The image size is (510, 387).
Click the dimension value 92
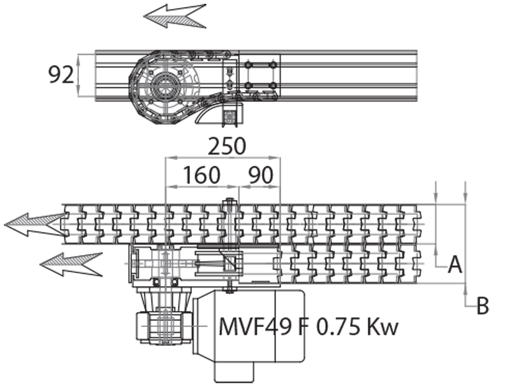[61, 75]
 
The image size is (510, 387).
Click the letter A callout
[455, 263]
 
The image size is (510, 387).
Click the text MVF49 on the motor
[255, 326]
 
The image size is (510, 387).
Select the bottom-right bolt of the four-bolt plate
[273, 85]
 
